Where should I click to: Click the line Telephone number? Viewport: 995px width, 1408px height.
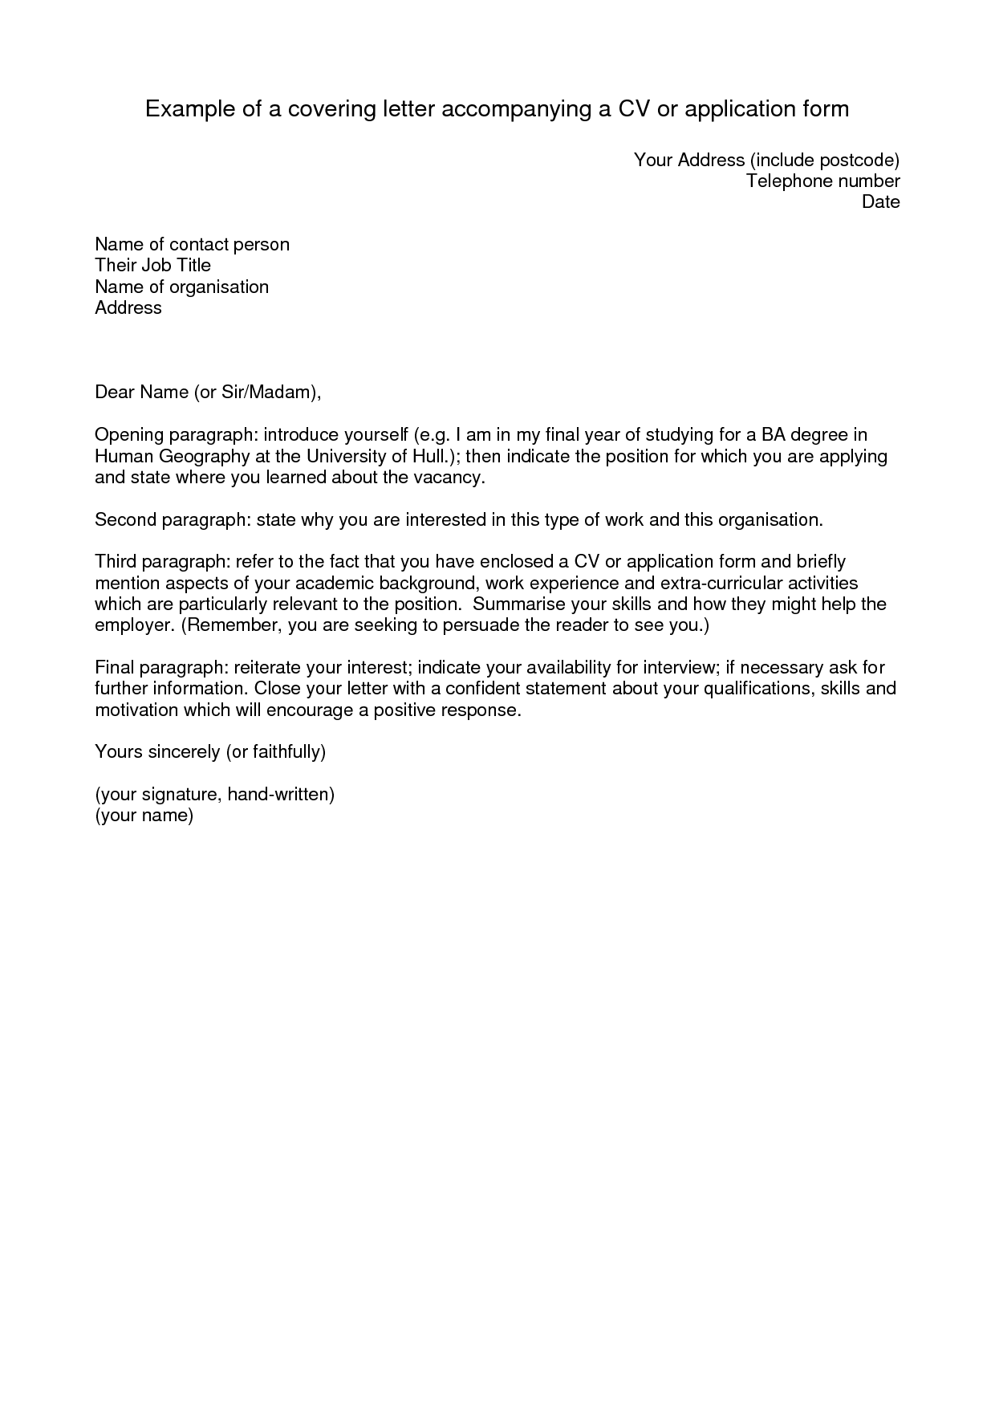tap(822, 181)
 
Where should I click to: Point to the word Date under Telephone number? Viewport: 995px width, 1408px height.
tap(880, 202)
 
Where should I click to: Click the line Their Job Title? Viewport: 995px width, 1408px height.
tap(152, 265)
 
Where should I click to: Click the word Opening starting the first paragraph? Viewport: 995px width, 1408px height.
tap(129, 435)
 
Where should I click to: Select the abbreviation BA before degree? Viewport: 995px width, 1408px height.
tap(777, 435)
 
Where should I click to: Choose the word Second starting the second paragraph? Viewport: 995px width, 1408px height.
tap(125, 520)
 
